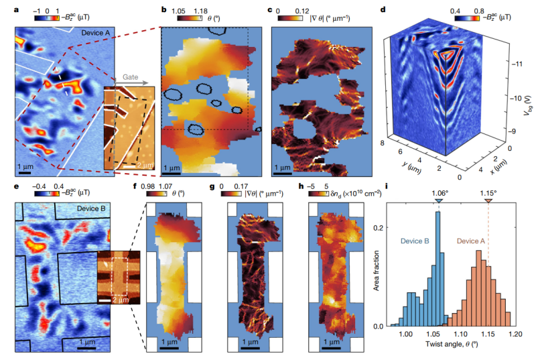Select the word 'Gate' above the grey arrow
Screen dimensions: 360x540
point(131,78)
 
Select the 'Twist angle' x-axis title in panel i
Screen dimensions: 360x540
point(444,352)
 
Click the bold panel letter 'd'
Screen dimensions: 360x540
point(382,10)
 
